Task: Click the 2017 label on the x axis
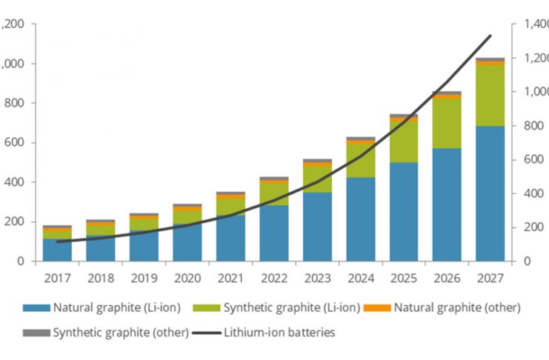(57, 278)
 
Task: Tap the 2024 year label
(360, 278)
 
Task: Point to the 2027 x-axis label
(490, 278)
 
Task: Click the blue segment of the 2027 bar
(490, 194)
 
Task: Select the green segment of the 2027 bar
(490, 96)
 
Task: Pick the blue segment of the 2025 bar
(403, 212)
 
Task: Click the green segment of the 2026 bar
(447, 123)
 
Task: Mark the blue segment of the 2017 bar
(57, 250)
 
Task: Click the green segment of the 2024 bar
(360, 160)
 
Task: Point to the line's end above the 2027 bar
(490, 36)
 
